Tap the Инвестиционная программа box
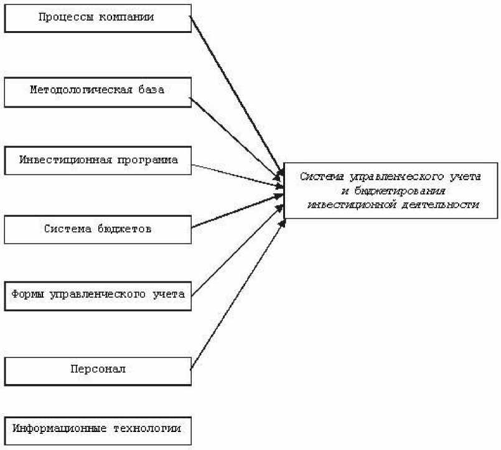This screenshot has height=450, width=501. tap(98, 160)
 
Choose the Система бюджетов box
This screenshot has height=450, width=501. tap(98, 228)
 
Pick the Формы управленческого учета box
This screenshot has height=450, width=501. tap(98, 294)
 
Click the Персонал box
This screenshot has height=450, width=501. tap(98, 369)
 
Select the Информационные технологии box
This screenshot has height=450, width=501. tap(98, 428)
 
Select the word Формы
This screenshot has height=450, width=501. tap(27, 294)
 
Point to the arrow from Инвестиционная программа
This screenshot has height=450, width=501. tap(236, 175)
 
